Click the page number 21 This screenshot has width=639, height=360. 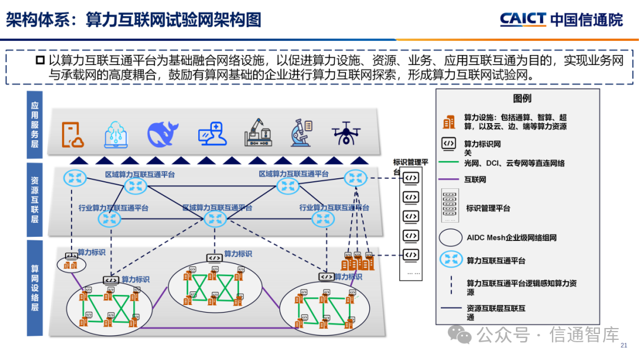click(623, 345)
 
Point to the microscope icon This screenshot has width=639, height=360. click(301, 133)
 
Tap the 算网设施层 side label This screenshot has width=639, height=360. click(35, 288)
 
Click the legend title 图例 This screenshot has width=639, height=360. click(522, 99)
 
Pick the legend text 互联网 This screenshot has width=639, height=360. click(475, 179)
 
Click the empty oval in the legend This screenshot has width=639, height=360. click(451, 237)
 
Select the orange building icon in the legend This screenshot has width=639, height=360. click(449, 122)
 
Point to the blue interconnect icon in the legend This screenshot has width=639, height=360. click(451, 260)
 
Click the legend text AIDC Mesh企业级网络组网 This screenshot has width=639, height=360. click(511, 237)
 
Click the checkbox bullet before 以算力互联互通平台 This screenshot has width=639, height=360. click(40, 60)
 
